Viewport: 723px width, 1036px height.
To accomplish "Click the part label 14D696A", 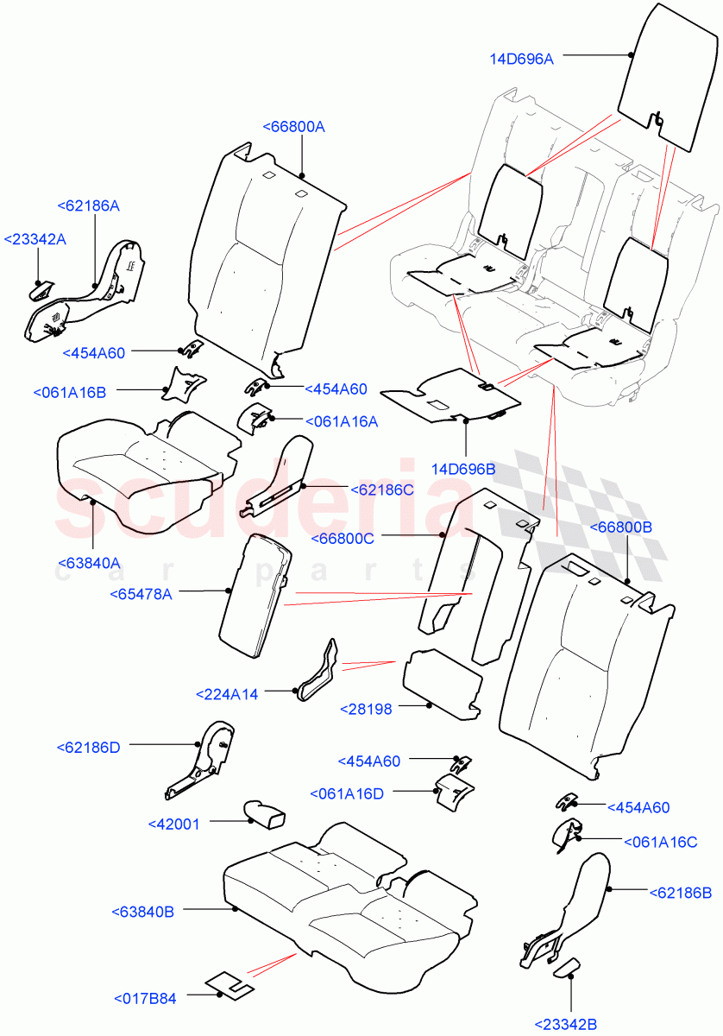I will [522, 59].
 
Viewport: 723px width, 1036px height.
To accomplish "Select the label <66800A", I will [293, 127].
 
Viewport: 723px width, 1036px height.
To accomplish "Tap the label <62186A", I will [88, 206].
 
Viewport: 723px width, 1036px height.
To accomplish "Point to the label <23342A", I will [35, 240].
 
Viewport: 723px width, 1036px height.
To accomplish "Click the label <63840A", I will [89, 564].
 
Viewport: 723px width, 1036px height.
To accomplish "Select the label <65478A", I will [141, 594].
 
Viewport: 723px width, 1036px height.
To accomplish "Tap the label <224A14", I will [227, 693].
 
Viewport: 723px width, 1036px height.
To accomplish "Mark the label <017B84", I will [145, 999].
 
